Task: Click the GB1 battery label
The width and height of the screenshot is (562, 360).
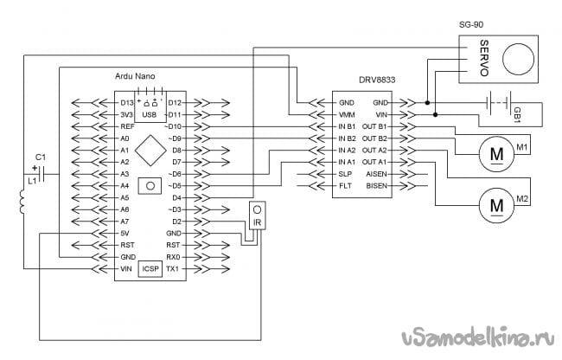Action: click(516, 114)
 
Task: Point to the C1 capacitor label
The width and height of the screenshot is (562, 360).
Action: click(40, 157)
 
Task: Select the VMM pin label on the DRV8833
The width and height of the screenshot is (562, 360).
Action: click(347, 114)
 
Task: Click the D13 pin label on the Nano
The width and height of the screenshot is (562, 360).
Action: click(127, 103)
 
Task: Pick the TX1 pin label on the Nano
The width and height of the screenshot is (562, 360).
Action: click(172, 269)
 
